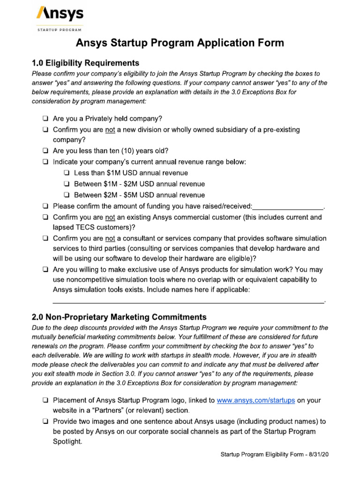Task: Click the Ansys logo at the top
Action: pos(60,14)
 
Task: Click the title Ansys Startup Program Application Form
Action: pos(180,43)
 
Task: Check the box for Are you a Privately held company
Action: pos(45,119)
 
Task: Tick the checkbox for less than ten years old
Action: pos(45,151)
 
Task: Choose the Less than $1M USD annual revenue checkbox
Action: pos(67,173)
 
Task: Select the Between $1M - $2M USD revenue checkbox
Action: pos(67,184)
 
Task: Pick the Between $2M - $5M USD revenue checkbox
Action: pos(67,195)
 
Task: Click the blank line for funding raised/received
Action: pos(288,206)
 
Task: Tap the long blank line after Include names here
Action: pos(187,301)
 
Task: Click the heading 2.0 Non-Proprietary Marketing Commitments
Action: pos(119,317)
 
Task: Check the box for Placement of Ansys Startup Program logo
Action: pos(45,401)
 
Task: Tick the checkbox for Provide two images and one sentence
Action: pos(45,421)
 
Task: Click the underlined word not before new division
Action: pos(110,129)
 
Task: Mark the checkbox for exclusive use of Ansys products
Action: pos(45,270)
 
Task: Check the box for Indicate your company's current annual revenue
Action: pos(45,162)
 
